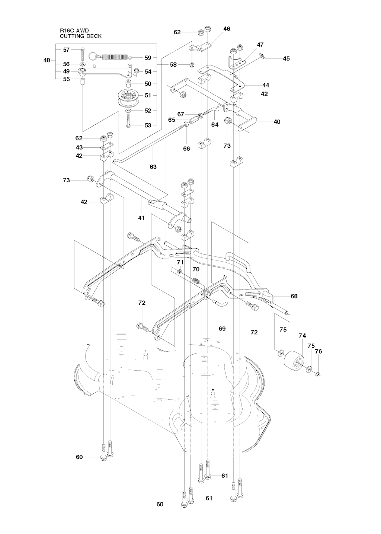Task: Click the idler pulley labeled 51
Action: pos(129,99)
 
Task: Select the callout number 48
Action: pos(47,60)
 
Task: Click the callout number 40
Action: pos(276,122)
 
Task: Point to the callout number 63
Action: pos(153,167)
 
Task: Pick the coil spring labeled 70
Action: pos(196,281)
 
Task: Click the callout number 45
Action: pos(286,59)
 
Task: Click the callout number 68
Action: pos(294,296)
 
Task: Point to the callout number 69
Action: pos(222,329)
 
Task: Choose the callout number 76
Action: pos(318,351)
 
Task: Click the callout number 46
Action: pos(227,29)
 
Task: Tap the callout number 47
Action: pos(260,45)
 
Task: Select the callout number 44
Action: pos(265,85)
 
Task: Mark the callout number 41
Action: pos(141,218)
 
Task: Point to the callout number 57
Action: pos(66,50)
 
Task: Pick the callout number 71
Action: pos(180,262)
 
